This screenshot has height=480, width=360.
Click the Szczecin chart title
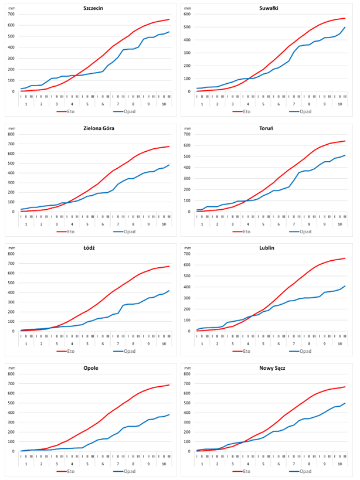click(90, 8)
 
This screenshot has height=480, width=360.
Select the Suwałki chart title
click(269, 8)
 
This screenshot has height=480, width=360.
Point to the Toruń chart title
click(269, 127)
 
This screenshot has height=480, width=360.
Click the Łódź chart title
click(90, 247)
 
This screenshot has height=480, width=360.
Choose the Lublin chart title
click(269, 247)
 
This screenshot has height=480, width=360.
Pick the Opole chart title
click(90, 367)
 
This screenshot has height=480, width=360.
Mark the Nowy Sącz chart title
click(269, 367)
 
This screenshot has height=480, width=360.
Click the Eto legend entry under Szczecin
click(71, 111)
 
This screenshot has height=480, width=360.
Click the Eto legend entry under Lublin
click(251, 350)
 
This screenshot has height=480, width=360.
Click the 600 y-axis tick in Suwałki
click(189, 14)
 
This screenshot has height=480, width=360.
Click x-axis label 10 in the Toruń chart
click(338, 224)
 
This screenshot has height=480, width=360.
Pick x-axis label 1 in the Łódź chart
click(26, 344)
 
